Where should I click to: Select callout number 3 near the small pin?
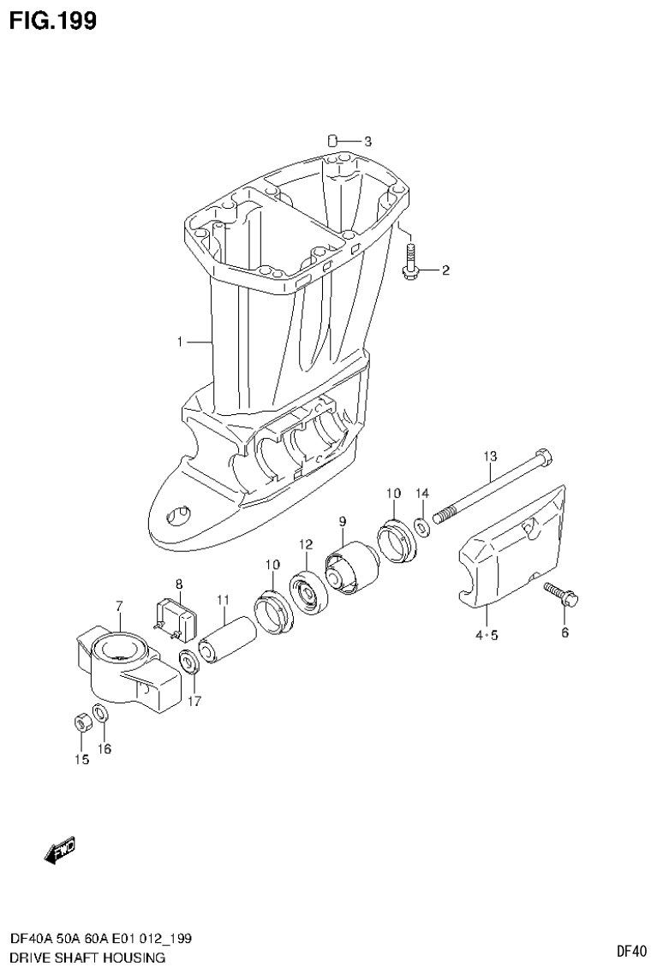click(x=367, y=141)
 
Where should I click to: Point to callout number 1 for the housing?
click(x=180, y=342)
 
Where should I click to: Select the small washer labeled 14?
click(x=422, y=525)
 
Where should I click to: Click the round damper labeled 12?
click(x=305, y=590)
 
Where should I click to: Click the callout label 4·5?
click(x=486, y=635)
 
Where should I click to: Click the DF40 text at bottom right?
click(x=630, y=951)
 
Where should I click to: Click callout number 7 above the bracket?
click(x=119, y=606)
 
